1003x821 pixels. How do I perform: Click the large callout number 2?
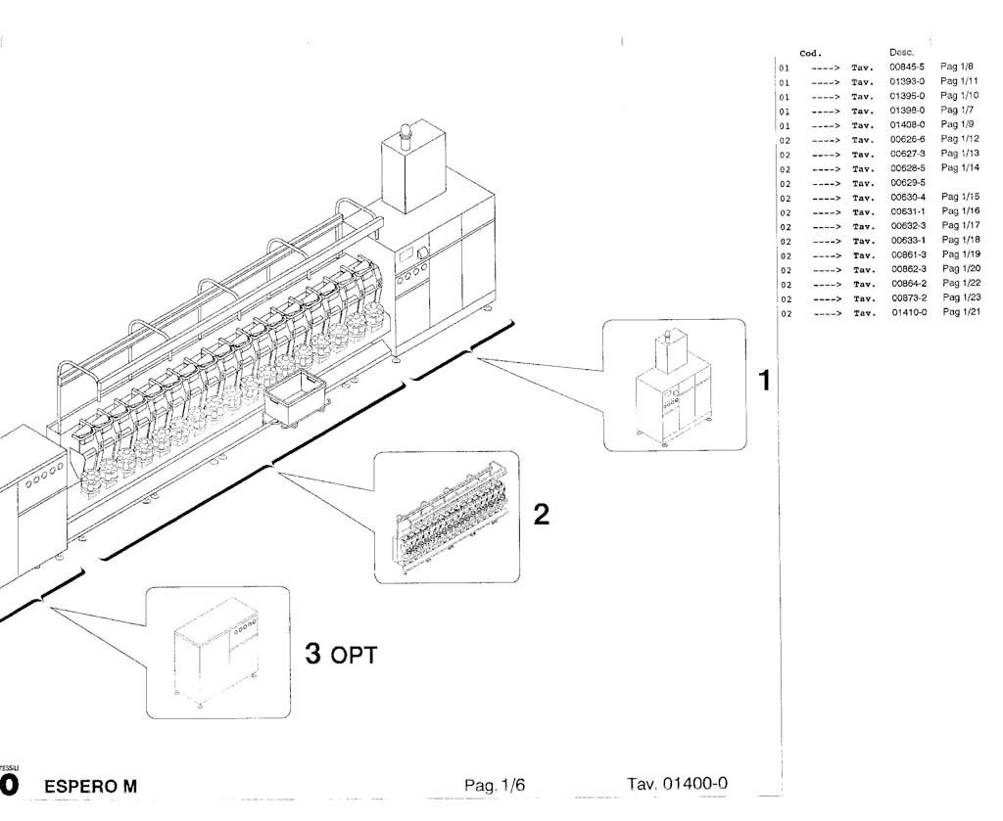click(x=541, y=516)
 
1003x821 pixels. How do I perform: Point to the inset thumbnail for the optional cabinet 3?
click(x=217, y=652)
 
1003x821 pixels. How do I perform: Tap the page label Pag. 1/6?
click(x=496, y=785)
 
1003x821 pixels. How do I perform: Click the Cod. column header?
click(x=810, y=53)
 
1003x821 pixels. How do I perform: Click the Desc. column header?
click(x=902, y=52)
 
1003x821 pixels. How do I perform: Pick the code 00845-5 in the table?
click(x=907, y=67)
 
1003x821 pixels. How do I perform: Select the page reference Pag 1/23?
click(x=960, y=297)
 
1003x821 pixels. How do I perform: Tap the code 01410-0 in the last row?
click(x=908, y=312)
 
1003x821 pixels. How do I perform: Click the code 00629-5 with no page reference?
click(x=907, y=183)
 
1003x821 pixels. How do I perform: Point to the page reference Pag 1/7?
click(x=957, y=111)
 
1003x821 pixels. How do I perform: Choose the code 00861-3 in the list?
click(x=908, y=254)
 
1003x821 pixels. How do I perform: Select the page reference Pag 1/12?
click(x=960, y=139)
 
